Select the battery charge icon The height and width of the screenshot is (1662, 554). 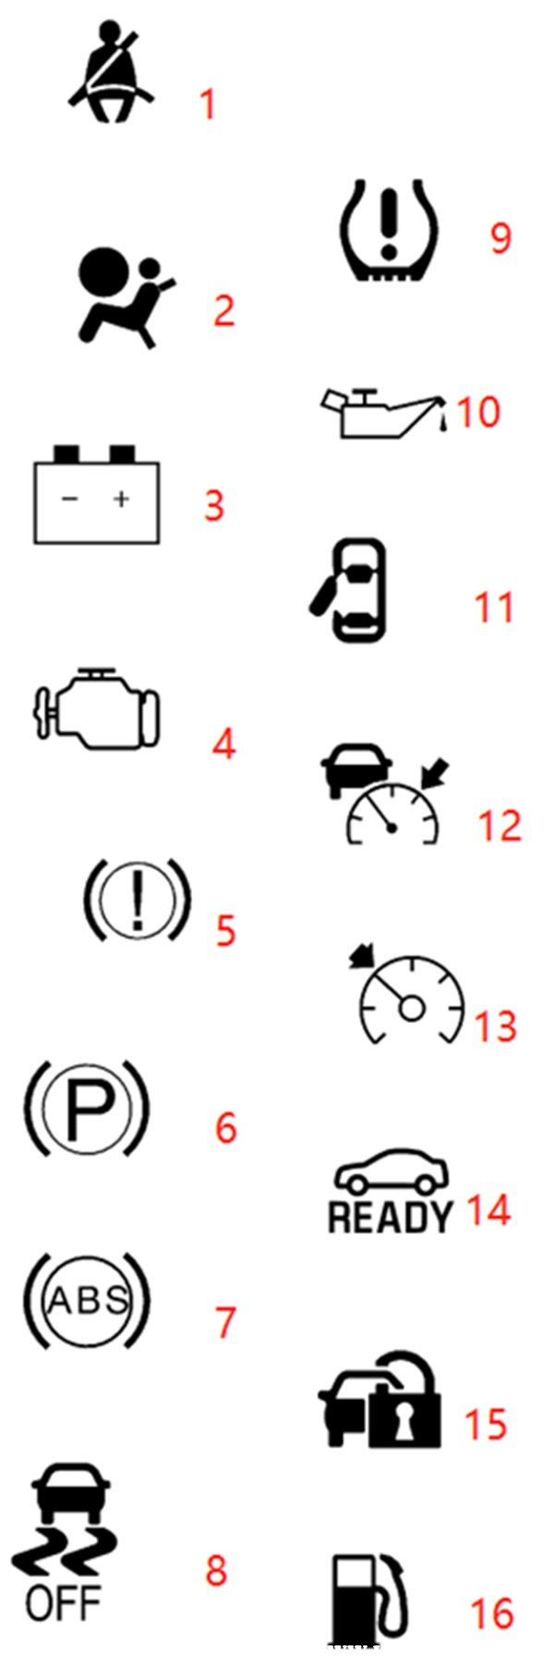click(97, 494)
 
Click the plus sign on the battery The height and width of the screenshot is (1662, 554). click(121, 500)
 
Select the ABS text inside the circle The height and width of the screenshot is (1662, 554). click(87, 1301)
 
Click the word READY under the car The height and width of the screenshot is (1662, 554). click(391, 1216)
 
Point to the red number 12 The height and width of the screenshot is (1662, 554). click(500, 825)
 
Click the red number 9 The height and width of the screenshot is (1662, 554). click(500, 237)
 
